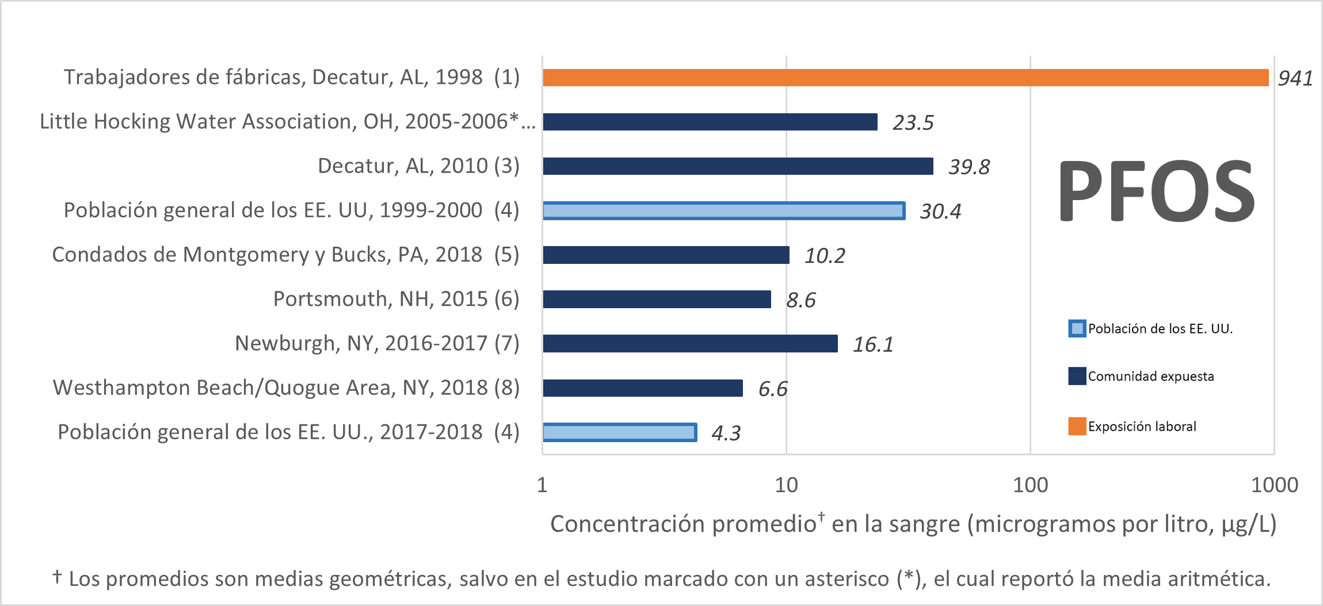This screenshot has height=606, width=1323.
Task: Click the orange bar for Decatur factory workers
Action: coord(905,78)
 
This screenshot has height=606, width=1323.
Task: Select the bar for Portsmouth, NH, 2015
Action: coord(657,299)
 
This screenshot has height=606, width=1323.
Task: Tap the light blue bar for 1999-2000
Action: coord(723,211)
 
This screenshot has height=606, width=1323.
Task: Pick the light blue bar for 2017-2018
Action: coord(619,432)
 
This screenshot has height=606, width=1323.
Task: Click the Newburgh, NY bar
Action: coord(690,344)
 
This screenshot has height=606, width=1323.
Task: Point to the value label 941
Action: coord(1295,78)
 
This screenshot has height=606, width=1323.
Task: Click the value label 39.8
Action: coord(969,167)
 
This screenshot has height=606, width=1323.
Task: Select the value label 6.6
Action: coord(772,389)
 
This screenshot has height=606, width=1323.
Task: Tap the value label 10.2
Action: coord(824,256)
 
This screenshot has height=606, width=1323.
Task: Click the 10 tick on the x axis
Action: coord(786,485)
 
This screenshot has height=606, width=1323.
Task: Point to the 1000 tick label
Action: coord(1274,485)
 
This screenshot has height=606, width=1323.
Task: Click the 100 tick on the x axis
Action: coord(1030,485)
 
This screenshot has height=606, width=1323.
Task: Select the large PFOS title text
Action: coord(1157,191)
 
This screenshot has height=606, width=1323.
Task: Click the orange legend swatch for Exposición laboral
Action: coord(1077,426)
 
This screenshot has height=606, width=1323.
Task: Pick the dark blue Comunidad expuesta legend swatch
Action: coord(1077,376)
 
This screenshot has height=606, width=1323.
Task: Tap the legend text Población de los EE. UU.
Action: coord(1160,329)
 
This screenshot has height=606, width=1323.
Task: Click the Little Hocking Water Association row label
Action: coord(287,122)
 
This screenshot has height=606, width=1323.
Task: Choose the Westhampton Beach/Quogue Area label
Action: coord(286,388)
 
